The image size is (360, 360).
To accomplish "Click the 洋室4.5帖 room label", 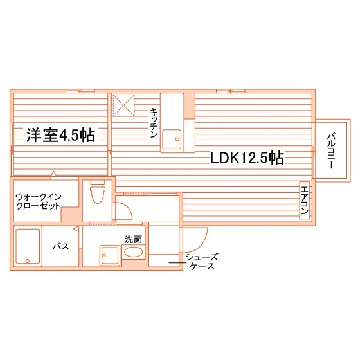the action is [60, 135].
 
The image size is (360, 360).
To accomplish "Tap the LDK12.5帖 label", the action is [247, 157].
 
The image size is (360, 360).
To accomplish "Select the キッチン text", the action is [154, 123].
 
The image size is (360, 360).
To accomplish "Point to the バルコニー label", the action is [331, 151].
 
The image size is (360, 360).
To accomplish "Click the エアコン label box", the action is [305, 200].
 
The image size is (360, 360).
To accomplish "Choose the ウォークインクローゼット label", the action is [39, 201].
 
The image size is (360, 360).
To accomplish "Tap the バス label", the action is [61, 247].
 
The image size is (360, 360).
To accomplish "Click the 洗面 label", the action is [134, 239].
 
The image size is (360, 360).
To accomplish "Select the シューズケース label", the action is [202, 261].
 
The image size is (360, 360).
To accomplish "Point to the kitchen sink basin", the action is [172, 139].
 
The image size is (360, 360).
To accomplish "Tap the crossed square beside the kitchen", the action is [123, 105].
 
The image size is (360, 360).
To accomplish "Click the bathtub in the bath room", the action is [28, 246].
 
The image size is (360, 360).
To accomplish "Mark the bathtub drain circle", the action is [28, 261].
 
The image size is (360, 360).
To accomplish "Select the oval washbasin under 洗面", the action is [133, 252].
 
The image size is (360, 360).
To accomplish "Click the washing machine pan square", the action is [110, 256].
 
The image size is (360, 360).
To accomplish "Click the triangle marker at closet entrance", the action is [53, 174].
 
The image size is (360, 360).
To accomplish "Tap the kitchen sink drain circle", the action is [177, 139].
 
